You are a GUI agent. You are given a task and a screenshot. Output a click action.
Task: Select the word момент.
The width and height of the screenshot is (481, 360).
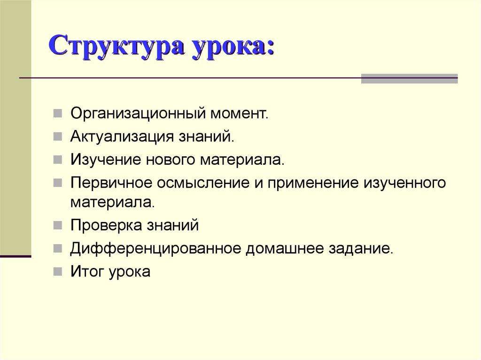coord(239,114)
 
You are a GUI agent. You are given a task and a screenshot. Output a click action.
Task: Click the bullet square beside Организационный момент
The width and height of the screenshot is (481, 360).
coord(57,114)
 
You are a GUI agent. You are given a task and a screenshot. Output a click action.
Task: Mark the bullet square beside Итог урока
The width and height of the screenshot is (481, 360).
coord(57,271)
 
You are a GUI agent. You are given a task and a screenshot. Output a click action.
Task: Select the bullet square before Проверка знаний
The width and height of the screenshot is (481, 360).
coord(57,226)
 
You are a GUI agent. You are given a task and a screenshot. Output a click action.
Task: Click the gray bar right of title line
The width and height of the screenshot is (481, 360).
coord(409,78)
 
